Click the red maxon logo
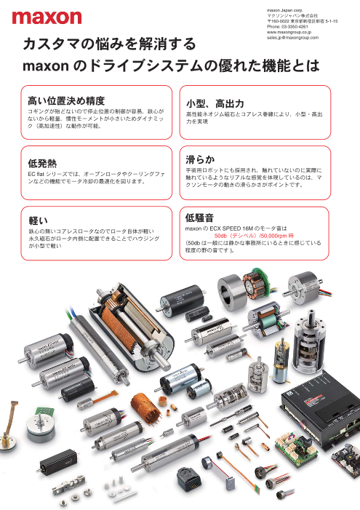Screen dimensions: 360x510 click(x=47, y=17)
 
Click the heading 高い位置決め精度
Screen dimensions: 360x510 click(x=66, y=100)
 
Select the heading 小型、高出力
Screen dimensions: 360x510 click(x=215, y=104)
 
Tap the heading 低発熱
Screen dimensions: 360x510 click(x=42, y=163)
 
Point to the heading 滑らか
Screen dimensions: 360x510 click(x=200, y=159)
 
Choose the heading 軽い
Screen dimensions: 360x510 click(x=38, y=220)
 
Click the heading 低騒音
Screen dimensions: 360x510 click(x=200, y=218)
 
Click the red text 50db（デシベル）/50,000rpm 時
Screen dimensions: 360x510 click(x=254, y=236)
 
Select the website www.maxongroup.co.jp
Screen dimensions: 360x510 click(x=289, y=32)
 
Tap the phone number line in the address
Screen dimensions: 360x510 click(x=287, y=27)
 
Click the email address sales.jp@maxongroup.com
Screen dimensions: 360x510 click(x=292, y=38)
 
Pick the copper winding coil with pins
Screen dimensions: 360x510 click(x=146, y=408)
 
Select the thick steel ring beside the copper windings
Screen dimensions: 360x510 click(x=231, y=292)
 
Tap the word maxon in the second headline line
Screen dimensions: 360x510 click(x=46, y=66)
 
